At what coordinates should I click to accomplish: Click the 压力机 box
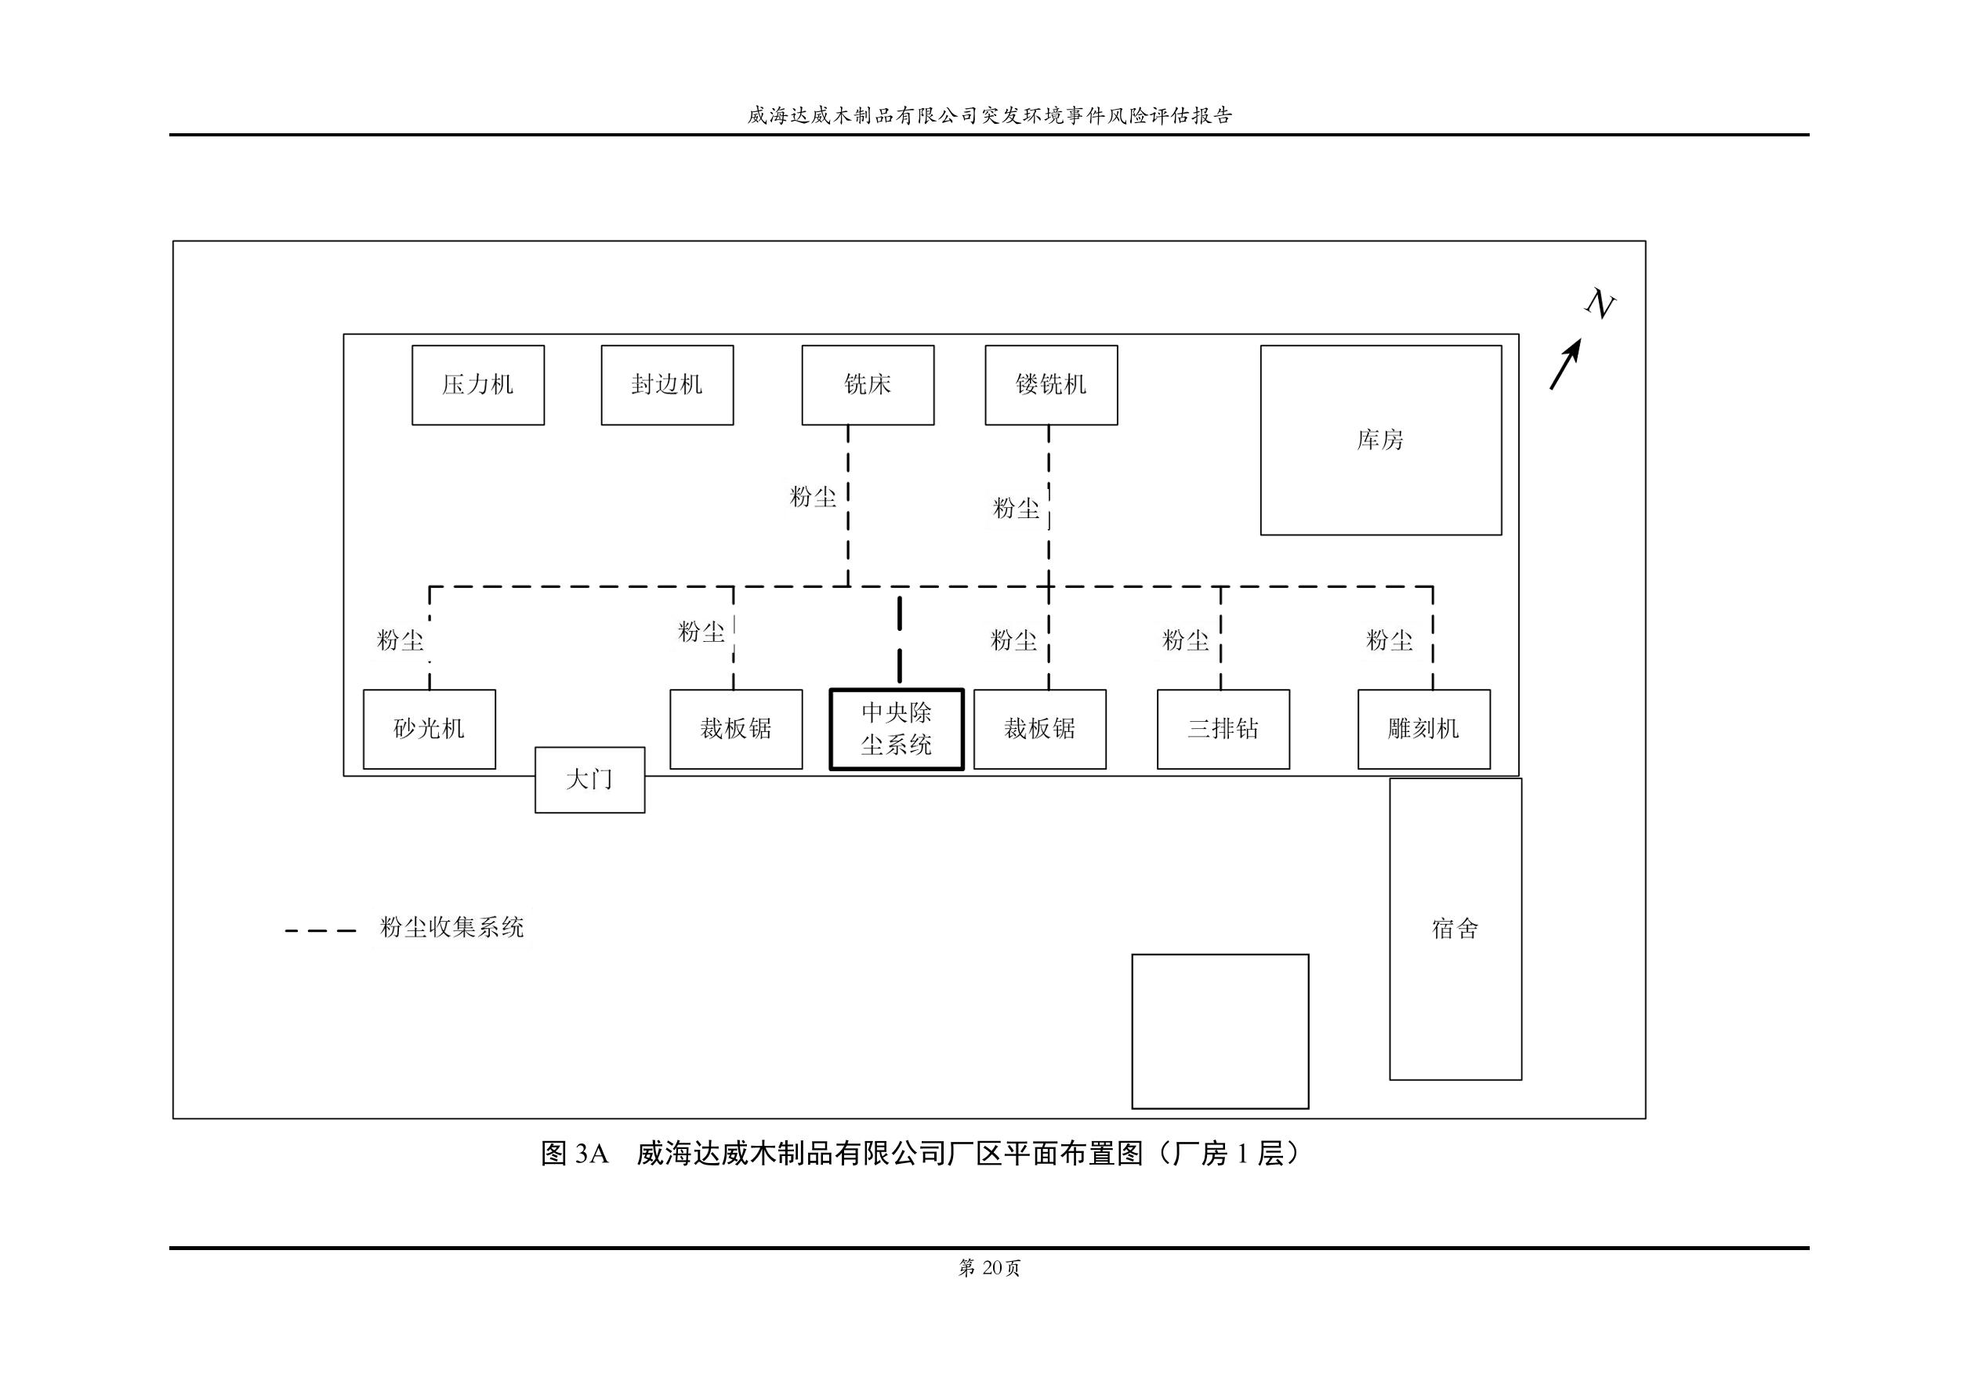pyautogui.click(x=477, y=386)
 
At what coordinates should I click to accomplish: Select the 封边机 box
pyautogui.click(x=667, y=386)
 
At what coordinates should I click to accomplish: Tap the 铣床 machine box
pyautogui.click(x=867, y=386)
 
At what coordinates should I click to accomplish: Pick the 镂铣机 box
pyautogui.click(x=1051, y=386)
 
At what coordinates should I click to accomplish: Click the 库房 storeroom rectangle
pyautogui.click(x=1380, y=440)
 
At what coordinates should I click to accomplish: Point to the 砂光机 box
pyautogui.click(x=429, y=729)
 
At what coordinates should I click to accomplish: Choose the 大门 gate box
pyautogui.click(x=589, y=780)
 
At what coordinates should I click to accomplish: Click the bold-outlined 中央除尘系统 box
pyautogui.click(x=897, y=729)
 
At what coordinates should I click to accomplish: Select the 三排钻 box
pyautogui.click(x=1223, y=729)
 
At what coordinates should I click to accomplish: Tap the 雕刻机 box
pyautogui.click(x=1423, y=729)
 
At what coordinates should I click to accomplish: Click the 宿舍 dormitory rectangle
pyautogui.click(x=1455, y=930)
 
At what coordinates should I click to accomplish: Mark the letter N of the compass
pyautogui.click(x=1599, y=304)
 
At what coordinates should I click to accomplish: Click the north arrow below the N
pyautogui.click(x=1566, y=364)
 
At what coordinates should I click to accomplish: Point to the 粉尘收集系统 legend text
pyautogui.click(x=451, y=927)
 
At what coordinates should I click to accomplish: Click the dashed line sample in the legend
pyautogui.click(x=321, y=931)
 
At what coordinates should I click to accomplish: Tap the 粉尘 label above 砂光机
pyautogui.click(x=400, y=640)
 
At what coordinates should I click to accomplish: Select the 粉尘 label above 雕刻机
pyautogui.click(x=1389, y=640)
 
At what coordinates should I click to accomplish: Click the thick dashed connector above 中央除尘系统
pyautogui.click(x=899, y=640)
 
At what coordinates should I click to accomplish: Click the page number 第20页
pyautogui.click(x=988, y=1268)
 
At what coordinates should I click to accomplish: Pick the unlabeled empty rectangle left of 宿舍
pyautogui.click(x=1220, y=1031)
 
